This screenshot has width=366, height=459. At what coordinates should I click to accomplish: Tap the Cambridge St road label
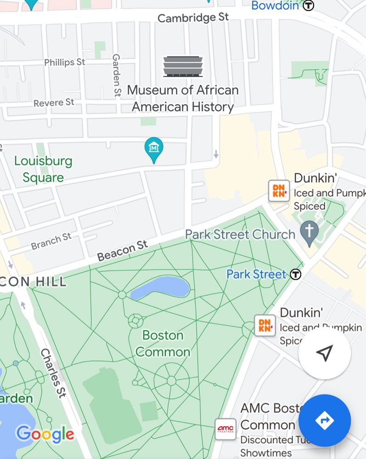(193, 18)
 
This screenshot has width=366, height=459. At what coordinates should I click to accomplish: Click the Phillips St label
(65, 62)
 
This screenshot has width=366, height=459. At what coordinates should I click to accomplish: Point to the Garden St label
(117, 75)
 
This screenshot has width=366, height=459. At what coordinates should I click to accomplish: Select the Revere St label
(54, 102)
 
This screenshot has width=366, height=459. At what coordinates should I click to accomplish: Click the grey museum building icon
(183, 67)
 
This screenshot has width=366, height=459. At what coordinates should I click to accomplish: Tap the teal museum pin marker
(154, 149)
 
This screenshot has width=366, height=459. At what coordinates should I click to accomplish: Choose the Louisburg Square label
(43, 169)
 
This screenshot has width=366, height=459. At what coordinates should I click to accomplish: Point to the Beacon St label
(123, 251)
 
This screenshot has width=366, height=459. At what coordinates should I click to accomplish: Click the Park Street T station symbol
(296, 274)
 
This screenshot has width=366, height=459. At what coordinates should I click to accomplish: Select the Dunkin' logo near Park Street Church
(279, 191)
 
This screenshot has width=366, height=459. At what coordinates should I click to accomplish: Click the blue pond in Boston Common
(161, 288)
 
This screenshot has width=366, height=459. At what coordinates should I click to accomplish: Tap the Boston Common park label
(163, 344)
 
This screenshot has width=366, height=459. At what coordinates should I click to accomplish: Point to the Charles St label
(51, 372)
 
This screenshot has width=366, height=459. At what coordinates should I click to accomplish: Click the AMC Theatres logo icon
(225, 429)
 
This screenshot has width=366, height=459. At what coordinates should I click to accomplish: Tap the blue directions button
(325, 420)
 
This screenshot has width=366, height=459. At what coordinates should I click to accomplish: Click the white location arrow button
(325, 353)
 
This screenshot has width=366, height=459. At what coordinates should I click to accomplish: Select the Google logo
(45, 434)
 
